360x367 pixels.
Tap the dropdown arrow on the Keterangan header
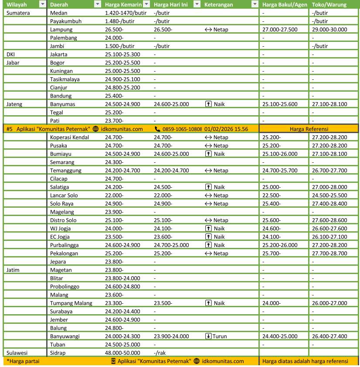pos(255,4)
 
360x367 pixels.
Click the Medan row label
pos(58,13)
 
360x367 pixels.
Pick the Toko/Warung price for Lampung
pos(329,29)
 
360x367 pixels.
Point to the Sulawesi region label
pos(17,353)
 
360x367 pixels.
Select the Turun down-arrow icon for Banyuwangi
pos(209,336)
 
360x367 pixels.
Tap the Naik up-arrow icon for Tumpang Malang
pos(209,303)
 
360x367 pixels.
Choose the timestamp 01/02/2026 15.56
pos(226,129)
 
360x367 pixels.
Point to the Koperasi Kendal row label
pos(69,137)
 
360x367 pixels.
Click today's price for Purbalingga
pos(171,245)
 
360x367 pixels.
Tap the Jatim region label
pos(14,270)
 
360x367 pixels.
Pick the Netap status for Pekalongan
pos(221,253)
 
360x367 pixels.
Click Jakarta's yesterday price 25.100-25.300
pos(122,54)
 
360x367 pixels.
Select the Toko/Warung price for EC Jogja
pos(329,237)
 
